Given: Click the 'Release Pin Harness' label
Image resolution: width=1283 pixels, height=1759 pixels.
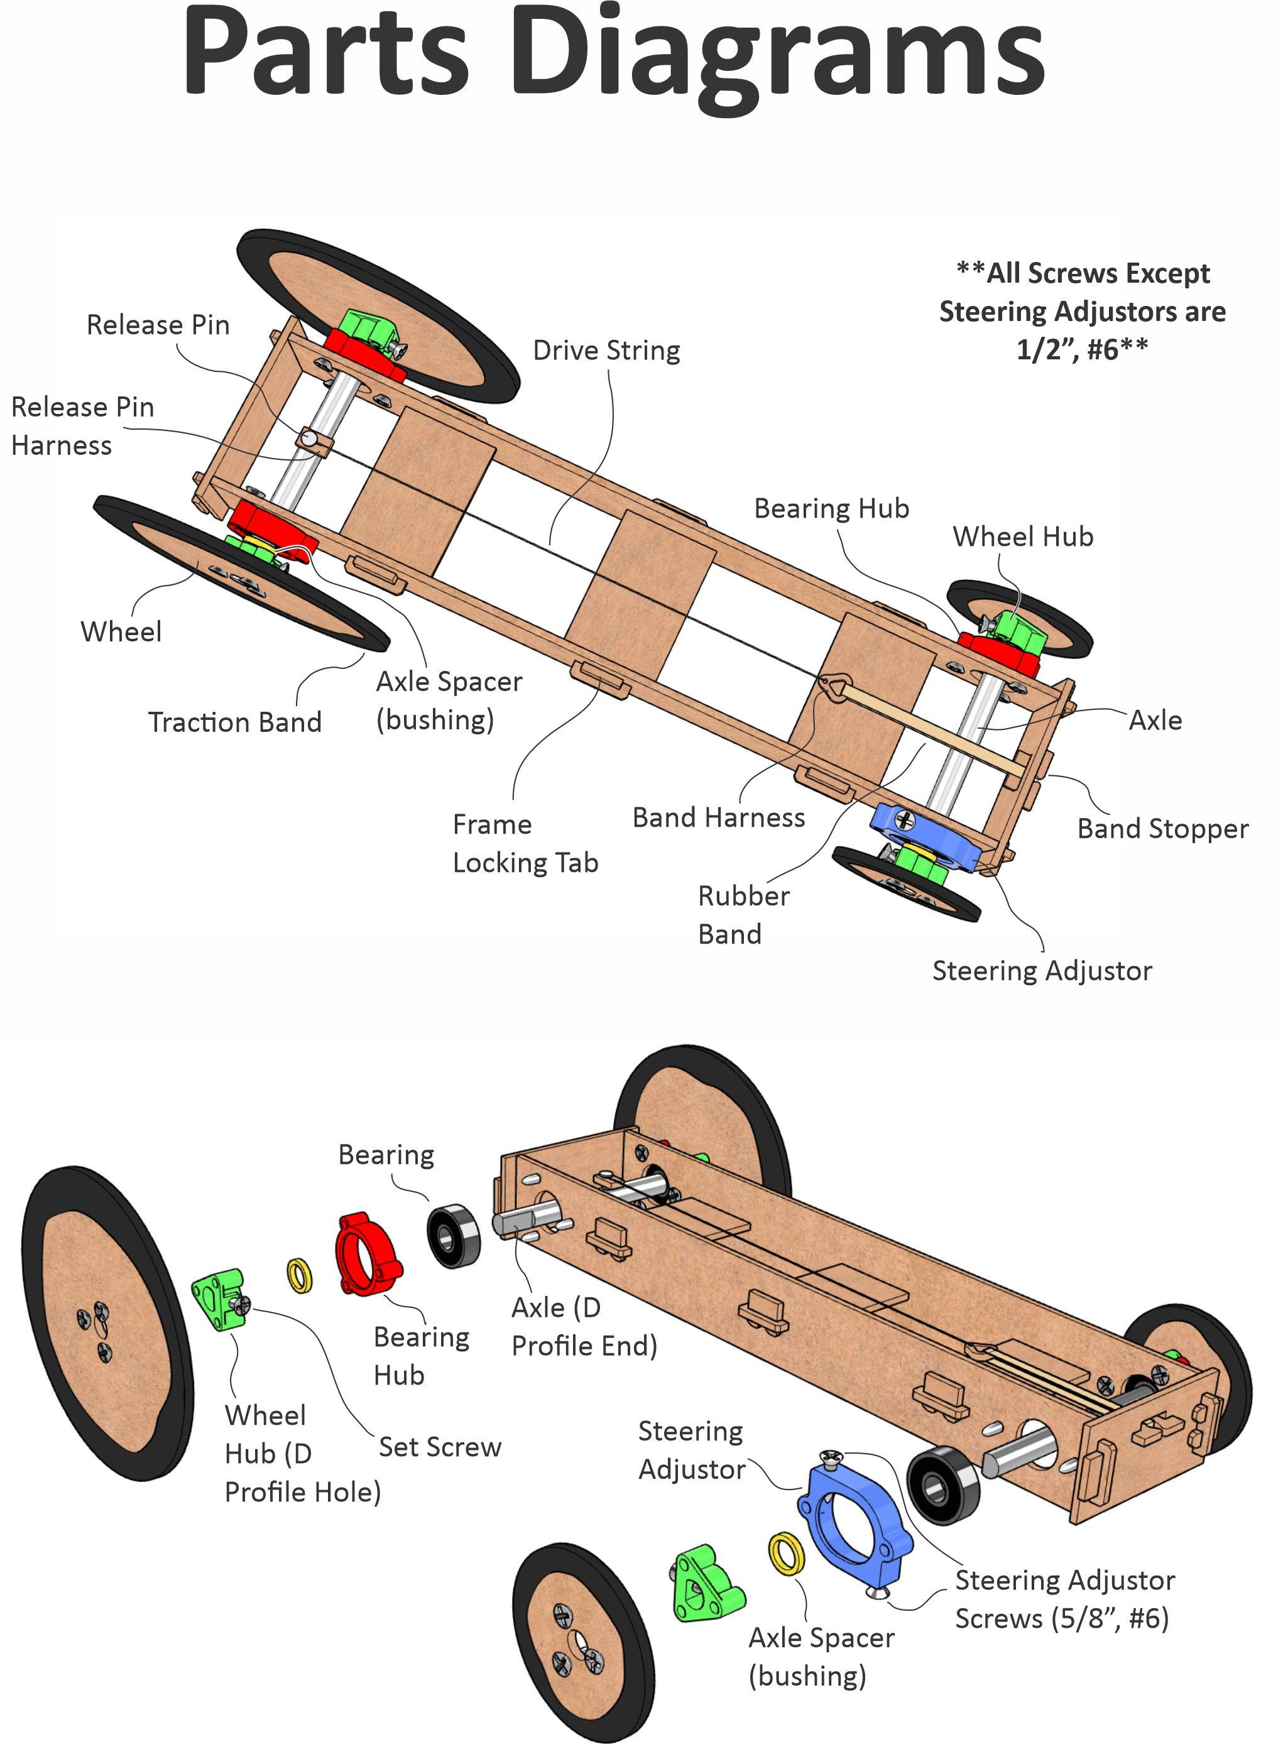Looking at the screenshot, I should (x=82, y=427).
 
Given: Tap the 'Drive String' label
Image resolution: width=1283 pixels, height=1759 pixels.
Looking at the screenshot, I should (x=606, y=351).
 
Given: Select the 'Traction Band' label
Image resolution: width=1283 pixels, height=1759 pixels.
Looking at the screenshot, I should (x=234, y=722).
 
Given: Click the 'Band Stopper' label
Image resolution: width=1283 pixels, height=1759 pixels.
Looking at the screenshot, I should (x=1162, y=829).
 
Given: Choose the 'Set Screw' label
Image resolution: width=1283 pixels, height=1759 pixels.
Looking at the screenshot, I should (x=440, y=1447).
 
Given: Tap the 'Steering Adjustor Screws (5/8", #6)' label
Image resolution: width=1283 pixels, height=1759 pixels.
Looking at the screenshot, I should (x=1064, y=1600).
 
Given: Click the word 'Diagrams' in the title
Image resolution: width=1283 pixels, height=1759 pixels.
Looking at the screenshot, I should (x=777, y=55).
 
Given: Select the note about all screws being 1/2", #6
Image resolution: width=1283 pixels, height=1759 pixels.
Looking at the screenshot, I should (x=1082, y=312).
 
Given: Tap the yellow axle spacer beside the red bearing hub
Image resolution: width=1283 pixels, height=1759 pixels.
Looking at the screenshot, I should (x=300, y=1276).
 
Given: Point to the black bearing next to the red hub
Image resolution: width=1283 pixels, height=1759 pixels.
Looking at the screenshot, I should (x=454, y=1236).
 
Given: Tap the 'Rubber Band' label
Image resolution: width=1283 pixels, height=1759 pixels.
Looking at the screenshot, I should (x=743, y=915).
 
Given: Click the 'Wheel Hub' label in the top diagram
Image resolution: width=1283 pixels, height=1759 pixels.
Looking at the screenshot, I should (x=1023, y=536).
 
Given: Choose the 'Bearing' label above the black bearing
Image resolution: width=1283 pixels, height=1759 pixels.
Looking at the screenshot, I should (x=386, y=1155).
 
